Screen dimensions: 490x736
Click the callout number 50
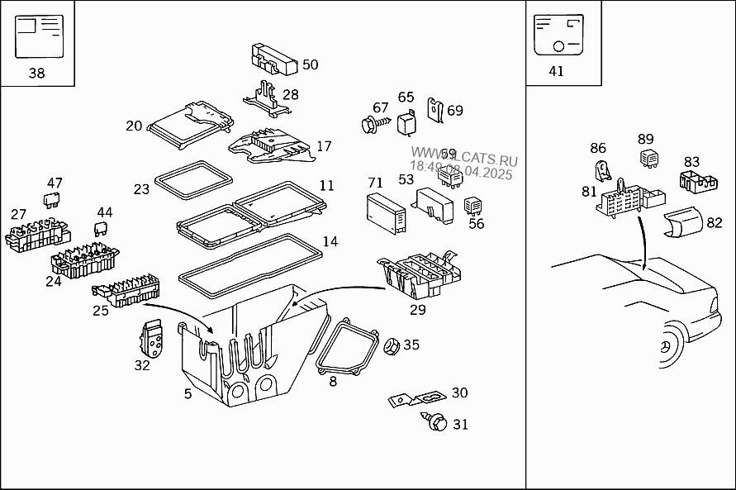point(310,64)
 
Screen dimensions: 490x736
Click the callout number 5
point(188,394)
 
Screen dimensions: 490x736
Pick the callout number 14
point(330,242)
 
